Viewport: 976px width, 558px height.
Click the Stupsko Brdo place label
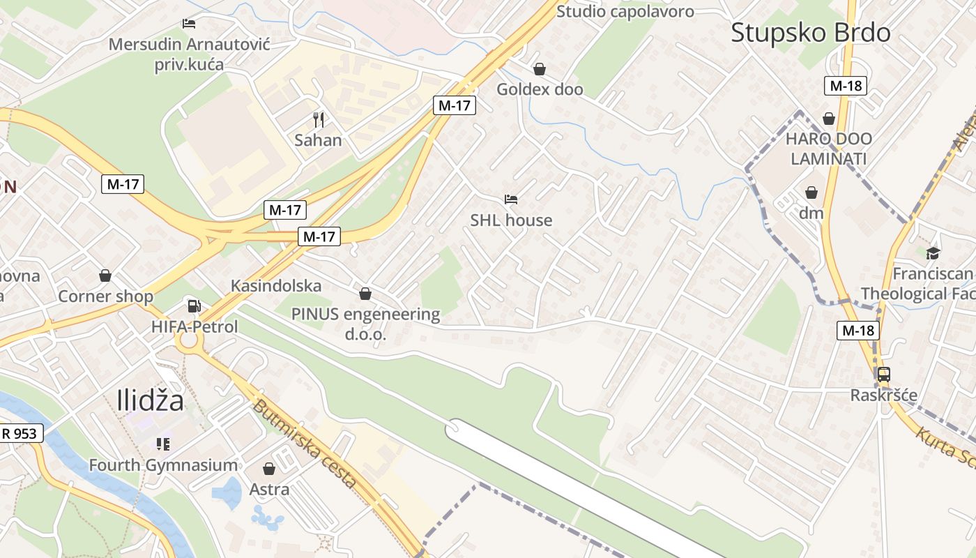810,33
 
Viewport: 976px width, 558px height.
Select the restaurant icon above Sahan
318,119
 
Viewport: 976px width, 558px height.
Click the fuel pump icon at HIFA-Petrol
195,306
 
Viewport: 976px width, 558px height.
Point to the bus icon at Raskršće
883,375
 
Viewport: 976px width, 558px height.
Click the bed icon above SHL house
511,199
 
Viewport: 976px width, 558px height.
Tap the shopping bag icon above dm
811,193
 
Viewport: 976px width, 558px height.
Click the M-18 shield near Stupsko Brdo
846,86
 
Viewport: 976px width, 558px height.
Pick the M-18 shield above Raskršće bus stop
857,330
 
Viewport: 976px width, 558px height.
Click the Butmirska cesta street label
305,444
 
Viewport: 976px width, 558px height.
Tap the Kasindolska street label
276,285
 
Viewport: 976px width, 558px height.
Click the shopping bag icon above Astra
269,469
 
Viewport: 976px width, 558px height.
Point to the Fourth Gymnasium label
163,465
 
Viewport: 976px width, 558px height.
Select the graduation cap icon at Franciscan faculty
933,252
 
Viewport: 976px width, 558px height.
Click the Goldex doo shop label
540,89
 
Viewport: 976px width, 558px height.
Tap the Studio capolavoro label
625,11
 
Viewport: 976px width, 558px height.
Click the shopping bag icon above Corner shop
105,276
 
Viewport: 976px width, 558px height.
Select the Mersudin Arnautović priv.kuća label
189,54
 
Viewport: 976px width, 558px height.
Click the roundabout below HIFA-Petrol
188,342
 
